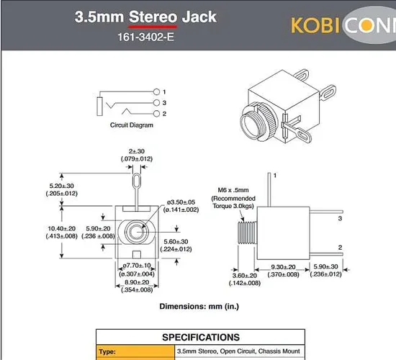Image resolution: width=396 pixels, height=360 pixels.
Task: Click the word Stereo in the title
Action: coord(153,17)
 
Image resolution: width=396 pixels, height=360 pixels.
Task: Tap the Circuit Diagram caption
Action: coord(131,125)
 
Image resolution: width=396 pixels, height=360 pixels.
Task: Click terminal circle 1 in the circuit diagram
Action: coord(157,92)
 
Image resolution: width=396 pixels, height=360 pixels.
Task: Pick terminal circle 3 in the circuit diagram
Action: coord(157,103)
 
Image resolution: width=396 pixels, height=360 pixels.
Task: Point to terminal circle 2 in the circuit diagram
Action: coord(157,114)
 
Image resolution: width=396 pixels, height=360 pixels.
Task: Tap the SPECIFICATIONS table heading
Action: coord(200,337)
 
